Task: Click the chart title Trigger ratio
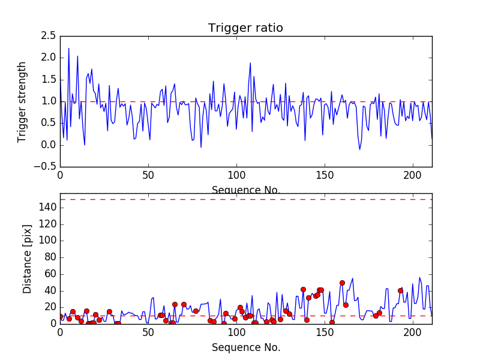[245, 28]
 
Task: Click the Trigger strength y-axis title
[22, 101]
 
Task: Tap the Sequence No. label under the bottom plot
[245, 347]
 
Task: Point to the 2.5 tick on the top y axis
[49, 36]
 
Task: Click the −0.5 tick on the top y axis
[46, 166]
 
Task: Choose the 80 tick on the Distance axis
[50, 257]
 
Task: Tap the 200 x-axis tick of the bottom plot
[413, 332]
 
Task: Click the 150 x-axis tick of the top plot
[325, 175]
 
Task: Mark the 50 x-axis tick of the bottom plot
[148, 332]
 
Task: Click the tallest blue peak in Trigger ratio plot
[68, 48]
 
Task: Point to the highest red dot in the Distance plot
[342, 283]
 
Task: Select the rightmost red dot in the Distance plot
[400, 290]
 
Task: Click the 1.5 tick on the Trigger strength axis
[49, 79]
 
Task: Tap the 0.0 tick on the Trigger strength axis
[49, 145]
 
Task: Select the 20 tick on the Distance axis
[50, 307]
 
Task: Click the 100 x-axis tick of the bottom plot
[236, 332]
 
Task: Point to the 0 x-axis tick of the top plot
[60, 175]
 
